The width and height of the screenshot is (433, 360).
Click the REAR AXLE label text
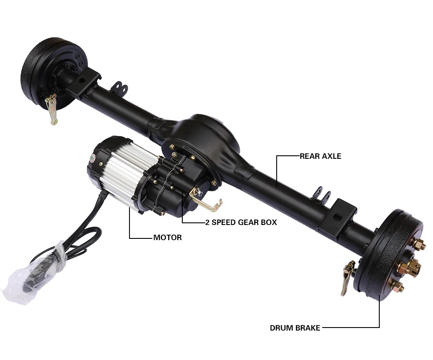[320, 156]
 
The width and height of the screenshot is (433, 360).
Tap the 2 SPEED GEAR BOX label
[241, 222]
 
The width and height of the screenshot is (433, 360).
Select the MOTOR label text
[168, 238]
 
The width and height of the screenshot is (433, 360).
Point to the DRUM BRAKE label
[295, 328]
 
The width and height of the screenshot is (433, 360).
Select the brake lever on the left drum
[52, 109]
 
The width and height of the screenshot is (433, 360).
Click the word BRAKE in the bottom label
[309, 328]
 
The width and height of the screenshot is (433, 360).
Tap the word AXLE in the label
[332, 156]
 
